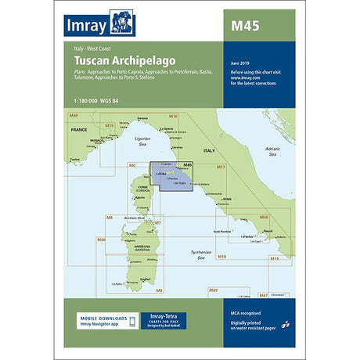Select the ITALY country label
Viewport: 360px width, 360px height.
(x=208, y=149)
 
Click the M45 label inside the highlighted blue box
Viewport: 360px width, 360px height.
(x=187, y=164)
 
